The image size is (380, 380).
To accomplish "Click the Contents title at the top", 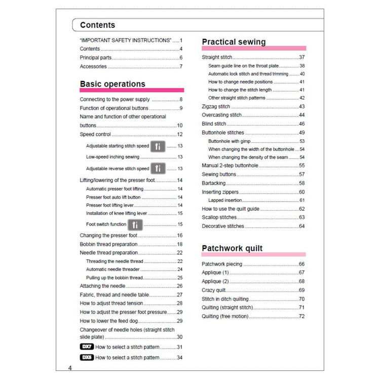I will [x=97, y=25].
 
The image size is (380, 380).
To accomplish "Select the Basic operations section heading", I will [x=112, y=84].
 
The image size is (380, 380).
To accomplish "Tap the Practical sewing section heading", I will [x=234, y=42].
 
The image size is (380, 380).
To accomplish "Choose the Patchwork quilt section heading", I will [x=232, y=248].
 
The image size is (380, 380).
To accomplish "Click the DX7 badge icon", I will [x=87, y=347].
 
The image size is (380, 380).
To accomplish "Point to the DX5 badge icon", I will [x=87, y=358].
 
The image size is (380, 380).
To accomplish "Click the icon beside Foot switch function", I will [x=135, y=224].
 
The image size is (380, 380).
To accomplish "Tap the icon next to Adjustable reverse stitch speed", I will [x=158, y=168].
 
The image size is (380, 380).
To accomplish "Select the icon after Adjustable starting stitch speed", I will [x=158, y=146].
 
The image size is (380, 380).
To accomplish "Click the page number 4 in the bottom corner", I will [x=70, y=368].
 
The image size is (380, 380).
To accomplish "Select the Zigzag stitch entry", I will [x=216, y=106].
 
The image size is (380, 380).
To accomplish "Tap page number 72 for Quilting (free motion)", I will [x=301, y=317].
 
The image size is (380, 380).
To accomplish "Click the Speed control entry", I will [x=95, y=134].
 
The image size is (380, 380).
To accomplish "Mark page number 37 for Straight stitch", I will [x=301, y=57].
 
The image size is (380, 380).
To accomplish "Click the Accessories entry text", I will [x=93, y=66].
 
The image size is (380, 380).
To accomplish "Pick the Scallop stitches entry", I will [x=219, y=217].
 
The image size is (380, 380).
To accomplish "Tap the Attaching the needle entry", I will [x=102, y=286].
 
